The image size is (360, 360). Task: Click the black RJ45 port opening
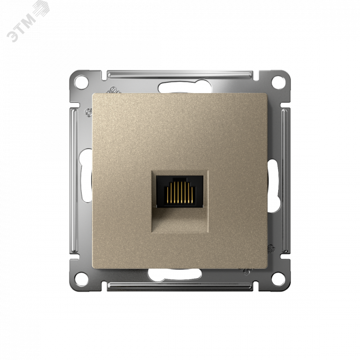tap(180, 191)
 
